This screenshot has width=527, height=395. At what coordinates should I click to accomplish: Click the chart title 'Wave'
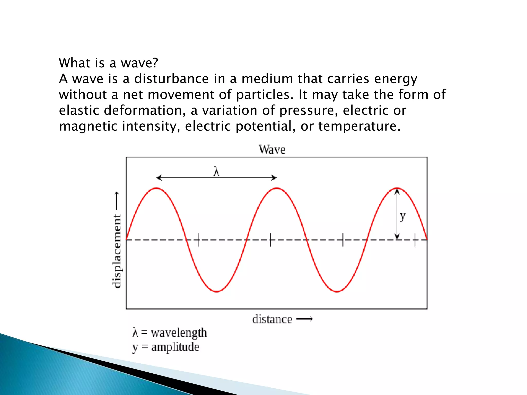point(272,150)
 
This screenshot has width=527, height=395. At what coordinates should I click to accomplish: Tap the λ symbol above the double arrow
point(216,171)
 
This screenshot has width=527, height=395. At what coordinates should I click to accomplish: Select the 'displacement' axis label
point(117,251)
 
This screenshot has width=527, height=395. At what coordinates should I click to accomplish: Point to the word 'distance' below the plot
point(272,319)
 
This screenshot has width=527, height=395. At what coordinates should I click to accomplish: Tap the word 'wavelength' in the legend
point(179,333)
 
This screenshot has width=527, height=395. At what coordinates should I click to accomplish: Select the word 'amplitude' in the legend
point(175,347)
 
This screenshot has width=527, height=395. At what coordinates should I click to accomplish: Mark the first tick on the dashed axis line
point(198,240)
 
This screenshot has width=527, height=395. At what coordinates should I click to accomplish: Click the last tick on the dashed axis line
point(415,240)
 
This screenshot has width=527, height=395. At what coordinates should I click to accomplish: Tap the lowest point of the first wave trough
point(217,292)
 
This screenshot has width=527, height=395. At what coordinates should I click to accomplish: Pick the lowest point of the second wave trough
point(337,292)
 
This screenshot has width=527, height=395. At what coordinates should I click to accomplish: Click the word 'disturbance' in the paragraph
point(171,79)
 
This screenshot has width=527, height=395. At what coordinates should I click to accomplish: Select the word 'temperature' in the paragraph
point(359,126)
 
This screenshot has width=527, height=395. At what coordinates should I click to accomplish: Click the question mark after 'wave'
point(155,63)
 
